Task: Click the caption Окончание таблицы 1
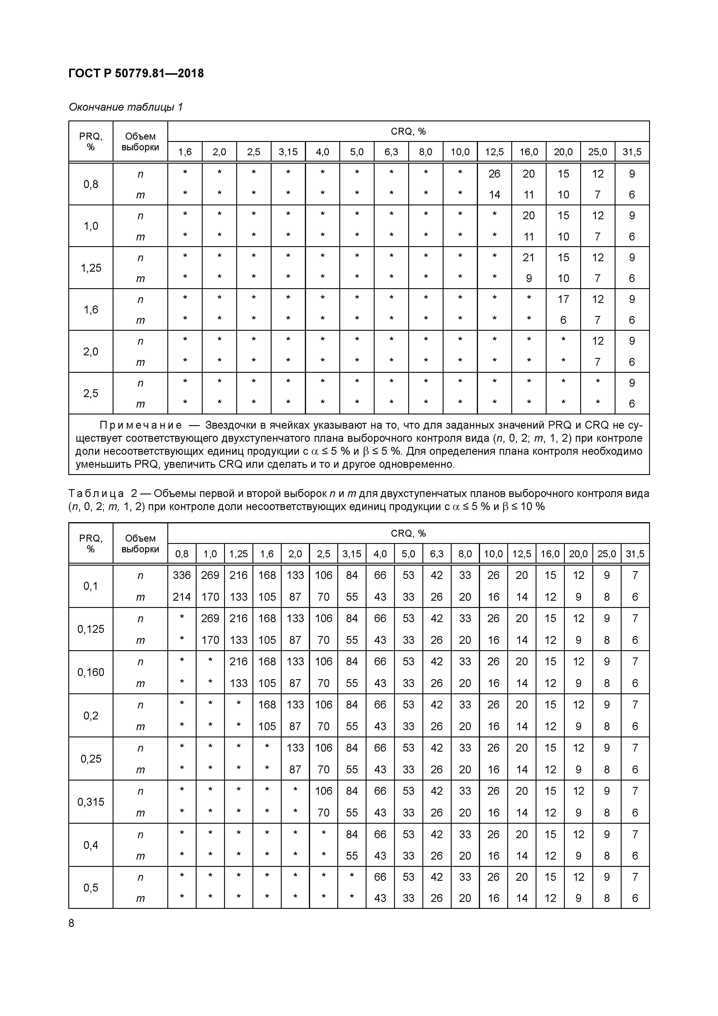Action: click(x=126, y=107)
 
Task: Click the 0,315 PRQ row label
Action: click(x=91, y=802)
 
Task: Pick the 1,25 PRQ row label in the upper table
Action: click(x=91, y=268)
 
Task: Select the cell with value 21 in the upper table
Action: click(x=529, y=257)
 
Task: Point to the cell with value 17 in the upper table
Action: click(x=563, y=299)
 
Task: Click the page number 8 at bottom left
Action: click(x=72, y=923)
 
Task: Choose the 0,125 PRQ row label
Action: click(x=91, y=629)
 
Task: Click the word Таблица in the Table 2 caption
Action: click(x=96, y=494)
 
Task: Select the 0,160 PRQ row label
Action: click(x=91, y=672)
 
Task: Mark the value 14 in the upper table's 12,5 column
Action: click(x=494, y=195)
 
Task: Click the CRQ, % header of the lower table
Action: click(x=408, y=533)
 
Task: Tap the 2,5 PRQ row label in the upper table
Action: click(x=91, y=393)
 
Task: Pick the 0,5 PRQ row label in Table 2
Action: click(x=91, y=888)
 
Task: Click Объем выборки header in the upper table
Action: click(x=140, y=142)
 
